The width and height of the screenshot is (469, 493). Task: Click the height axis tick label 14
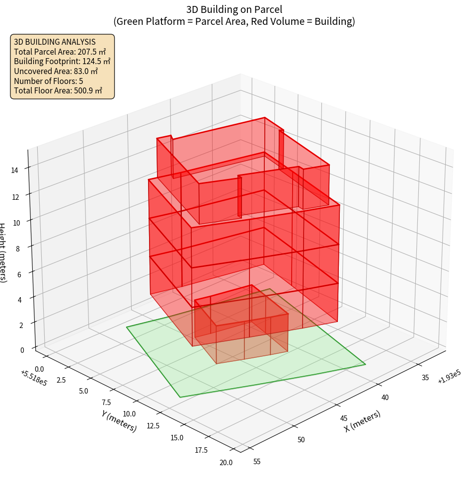point(14,170)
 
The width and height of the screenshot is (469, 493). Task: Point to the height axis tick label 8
point(17,248)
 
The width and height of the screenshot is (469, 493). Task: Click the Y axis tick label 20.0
point(225,463)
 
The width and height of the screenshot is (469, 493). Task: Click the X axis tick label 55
point(256,462)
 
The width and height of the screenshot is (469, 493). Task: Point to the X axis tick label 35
point(425,378)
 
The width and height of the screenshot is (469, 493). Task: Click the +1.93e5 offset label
point(449,378)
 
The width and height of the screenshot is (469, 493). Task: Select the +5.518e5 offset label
point(34,378)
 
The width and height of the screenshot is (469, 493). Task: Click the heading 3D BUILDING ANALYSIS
point(55,42)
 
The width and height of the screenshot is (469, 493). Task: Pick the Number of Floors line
point(48,81)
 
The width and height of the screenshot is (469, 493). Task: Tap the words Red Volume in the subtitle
point(279,21)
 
